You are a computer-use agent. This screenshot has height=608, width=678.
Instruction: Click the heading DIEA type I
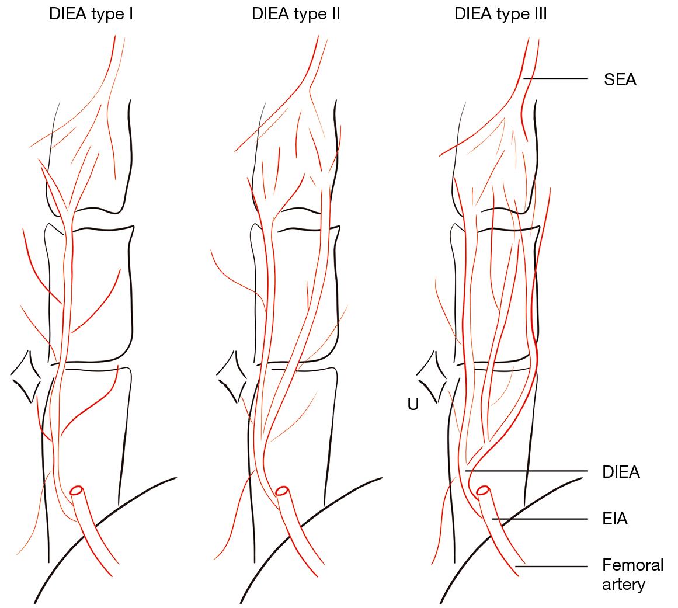(x=91, y=14)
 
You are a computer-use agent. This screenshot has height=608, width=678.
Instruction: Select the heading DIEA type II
(x=295, y=14)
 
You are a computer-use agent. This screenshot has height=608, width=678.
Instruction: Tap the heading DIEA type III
(x=500, y=14)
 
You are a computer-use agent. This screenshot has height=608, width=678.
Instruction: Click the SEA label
(x=620, y=79)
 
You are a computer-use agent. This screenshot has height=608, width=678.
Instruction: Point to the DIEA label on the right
(x=621, y=472)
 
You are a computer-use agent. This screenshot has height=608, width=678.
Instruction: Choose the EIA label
(x=615, y=519)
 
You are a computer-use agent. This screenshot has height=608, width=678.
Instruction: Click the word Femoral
(x=633, y=565)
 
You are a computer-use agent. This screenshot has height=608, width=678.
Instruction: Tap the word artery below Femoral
(x=624, y=584)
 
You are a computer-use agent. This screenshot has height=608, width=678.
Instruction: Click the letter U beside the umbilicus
(x=413, y=404)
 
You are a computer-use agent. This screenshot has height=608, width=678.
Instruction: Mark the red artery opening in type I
(x=77, y=491)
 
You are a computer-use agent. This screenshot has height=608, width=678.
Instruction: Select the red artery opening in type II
(x=281, y=491)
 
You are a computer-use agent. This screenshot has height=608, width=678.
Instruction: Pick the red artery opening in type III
(x=483, y=491)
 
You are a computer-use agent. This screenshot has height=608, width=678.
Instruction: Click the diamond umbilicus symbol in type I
(x=26, y=377)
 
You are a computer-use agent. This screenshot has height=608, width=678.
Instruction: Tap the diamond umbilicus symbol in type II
(x=231, y=377)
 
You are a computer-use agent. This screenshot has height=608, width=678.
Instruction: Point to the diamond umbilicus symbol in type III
(x=433, y=377)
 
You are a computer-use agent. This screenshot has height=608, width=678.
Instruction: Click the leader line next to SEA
(x=555, y=78)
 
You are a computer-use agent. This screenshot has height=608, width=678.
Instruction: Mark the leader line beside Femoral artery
(x=552, y=566)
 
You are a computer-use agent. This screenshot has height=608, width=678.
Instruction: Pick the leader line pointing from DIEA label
(x=526, y=471)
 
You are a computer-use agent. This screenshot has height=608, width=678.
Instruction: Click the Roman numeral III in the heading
(x=538, y=14)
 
